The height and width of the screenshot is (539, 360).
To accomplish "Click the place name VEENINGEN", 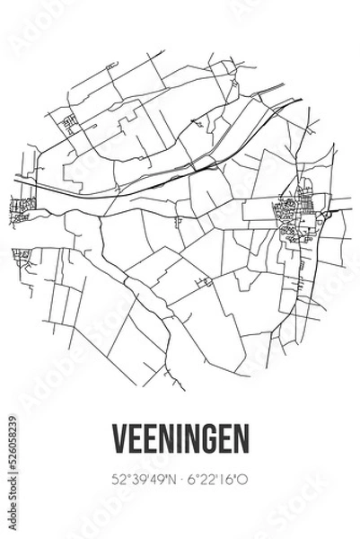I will tap(180, 437).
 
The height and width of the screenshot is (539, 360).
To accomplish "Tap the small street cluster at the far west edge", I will tap(21, 210).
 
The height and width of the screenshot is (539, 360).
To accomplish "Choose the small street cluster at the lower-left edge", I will tap(22, 255).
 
